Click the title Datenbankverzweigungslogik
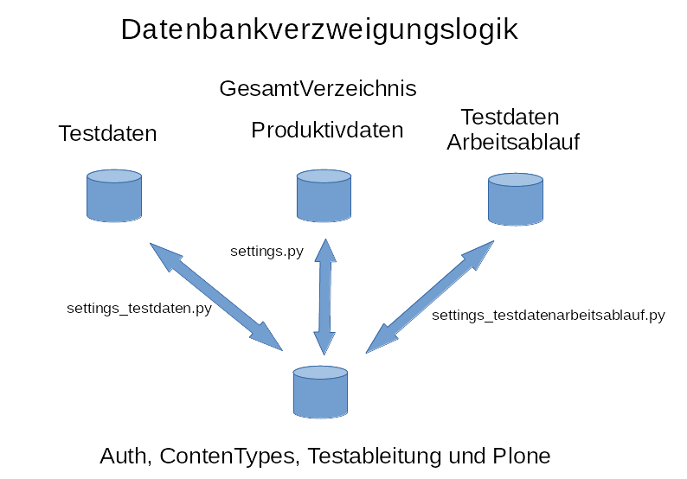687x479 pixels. coord(318,29)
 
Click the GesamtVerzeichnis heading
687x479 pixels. coord(318,88)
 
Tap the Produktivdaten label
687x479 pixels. coord(327,131)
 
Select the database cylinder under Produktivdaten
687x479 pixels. coord(324,195)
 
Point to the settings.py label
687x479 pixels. coord(266,252)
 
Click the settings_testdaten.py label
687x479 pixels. coord(139,307)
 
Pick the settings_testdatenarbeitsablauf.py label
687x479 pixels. coord(548,316)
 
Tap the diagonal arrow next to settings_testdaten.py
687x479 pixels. coord(215,296)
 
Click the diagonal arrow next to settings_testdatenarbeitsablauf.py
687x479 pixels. coord(430,297)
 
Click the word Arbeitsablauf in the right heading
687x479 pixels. coord(512,143)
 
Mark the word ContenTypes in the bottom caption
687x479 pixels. coord(229,456)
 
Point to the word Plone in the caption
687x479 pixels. coord(521,456)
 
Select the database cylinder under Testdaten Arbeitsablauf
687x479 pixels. coord(515,200)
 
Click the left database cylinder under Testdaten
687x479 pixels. coord(114,195)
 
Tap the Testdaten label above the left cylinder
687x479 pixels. coord(107,134)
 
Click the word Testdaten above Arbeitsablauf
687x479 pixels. coord(510,117)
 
